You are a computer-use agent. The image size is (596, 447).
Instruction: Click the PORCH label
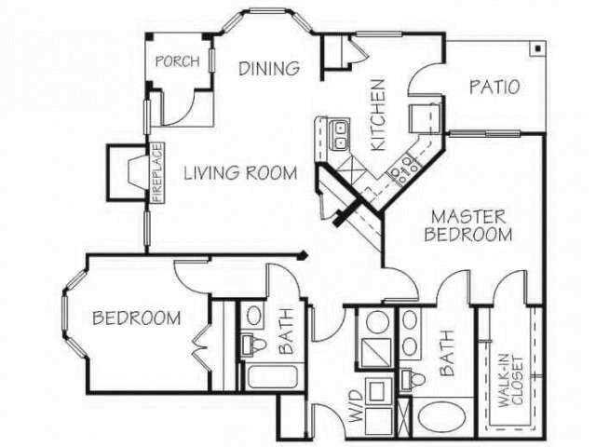177,61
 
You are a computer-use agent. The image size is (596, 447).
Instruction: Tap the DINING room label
269,68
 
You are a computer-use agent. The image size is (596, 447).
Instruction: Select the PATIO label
494,88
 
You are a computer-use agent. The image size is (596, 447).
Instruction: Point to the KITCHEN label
378,114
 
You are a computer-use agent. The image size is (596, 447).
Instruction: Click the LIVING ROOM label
240,172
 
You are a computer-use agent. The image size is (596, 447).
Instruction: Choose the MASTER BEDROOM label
468,225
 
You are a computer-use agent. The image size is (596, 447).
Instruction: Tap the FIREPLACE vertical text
157,172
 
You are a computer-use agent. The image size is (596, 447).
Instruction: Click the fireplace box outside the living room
129,173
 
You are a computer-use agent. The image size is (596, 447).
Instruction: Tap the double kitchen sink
340,137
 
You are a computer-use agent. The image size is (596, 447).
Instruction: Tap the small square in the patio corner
539,47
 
